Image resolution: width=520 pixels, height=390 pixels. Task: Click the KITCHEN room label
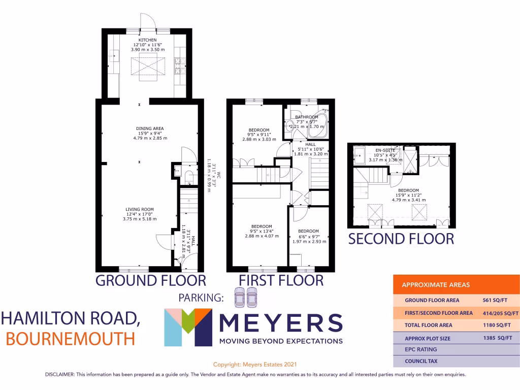(148, 40)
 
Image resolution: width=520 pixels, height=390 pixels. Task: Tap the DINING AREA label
(150, 128)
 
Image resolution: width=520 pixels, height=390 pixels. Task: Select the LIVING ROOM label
(140, 209)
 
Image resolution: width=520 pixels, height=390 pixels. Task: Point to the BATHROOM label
(307, 117)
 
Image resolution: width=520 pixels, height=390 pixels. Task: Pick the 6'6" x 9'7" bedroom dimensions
(308, 236)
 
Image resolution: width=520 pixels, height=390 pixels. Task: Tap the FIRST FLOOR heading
(281, 280)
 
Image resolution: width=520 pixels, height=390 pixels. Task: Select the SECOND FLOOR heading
(401, 239)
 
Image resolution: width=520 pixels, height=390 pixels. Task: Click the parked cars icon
(245, 298)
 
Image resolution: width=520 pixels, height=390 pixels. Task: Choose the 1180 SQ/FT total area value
(493, 325)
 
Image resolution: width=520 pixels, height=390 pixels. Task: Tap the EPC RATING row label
(421, 349)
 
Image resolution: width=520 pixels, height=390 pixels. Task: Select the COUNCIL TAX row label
(421, 362)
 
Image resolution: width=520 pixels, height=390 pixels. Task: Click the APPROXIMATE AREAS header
(436, 285)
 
